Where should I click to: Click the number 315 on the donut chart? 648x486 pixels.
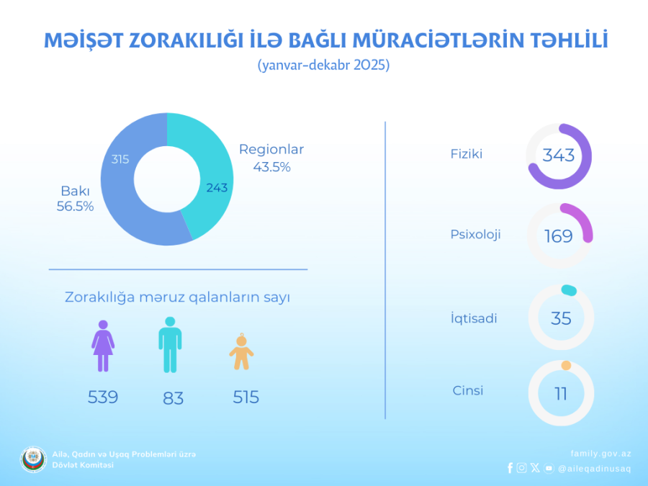pyautogui.click(x=120, y=159)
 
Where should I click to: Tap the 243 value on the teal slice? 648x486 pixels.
pyautogui.click(x=216, y=188)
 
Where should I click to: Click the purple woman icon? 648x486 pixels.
pyautogui.click(x=103, y=346)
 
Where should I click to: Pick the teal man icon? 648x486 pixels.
pyautogui.click(x=170, y=344)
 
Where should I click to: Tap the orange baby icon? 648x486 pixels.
pyautogui.click(x=241, y=352)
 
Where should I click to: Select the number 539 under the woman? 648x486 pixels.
pyautogui.click(x=103, y=397)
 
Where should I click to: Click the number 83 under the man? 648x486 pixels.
pyautogui.click(x=173, y=398)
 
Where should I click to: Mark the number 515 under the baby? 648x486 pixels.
pyautogui.click(x=246, y=397)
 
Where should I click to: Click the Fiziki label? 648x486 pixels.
pyautogui.click(x=466, y=153)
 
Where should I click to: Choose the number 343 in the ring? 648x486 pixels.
pyautogui.click(x=559, y=156)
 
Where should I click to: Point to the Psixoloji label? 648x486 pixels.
pyautogui.click(x=475, y=234)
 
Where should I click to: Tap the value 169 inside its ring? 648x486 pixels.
pyautogui.click(x=559, y=236)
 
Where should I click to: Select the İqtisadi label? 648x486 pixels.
pyautogui.click(x=474, y=318)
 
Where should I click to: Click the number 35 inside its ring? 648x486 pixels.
pyautogui.click(x=561, y=318)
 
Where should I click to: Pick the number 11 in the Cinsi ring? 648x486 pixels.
pyautogui.click(x=561, y=394)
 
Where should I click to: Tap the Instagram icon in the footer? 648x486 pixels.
pyautogui.click(x=521, y=468)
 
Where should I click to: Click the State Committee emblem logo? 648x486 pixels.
pyautogui.click(x=33, y=459)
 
